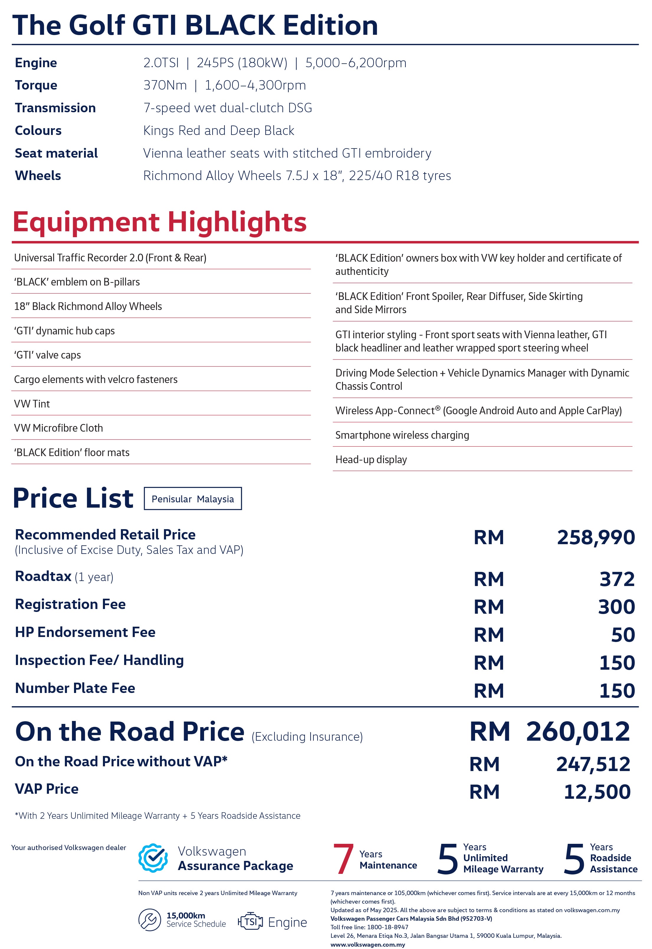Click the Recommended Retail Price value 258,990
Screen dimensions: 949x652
point(596,537)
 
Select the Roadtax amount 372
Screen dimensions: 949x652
point(617,579)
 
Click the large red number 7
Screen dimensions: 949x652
point(343,859)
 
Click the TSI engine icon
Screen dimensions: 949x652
point(250,921)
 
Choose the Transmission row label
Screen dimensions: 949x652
point(55,108)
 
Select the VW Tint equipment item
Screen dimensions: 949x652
point(32,404)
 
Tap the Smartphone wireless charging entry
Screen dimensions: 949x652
point(402,435)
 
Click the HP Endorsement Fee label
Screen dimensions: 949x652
point(85,632)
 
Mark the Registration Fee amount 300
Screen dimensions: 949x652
point(616,607)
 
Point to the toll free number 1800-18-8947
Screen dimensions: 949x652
point(387,927)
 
